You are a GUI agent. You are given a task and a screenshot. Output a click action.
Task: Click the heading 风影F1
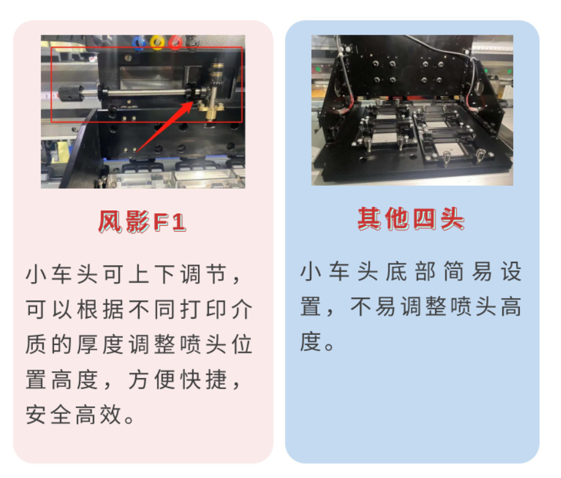(142, 222)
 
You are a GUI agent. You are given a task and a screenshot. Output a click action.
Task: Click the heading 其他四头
(411, 219)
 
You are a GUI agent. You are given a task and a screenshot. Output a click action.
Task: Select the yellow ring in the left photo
(157, 42)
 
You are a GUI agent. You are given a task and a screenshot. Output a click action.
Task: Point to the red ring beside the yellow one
(175, 42)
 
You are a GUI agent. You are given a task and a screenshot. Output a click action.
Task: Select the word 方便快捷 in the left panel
(178, 380)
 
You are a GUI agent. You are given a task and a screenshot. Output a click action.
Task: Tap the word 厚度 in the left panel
(100, 344)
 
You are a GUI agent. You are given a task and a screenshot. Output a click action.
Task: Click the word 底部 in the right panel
(411, 271)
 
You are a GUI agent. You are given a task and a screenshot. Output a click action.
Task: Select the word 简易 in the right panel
(468, 271)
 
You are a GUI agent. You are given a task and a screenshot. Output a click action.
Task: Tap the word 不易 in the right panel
(373, 307)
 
